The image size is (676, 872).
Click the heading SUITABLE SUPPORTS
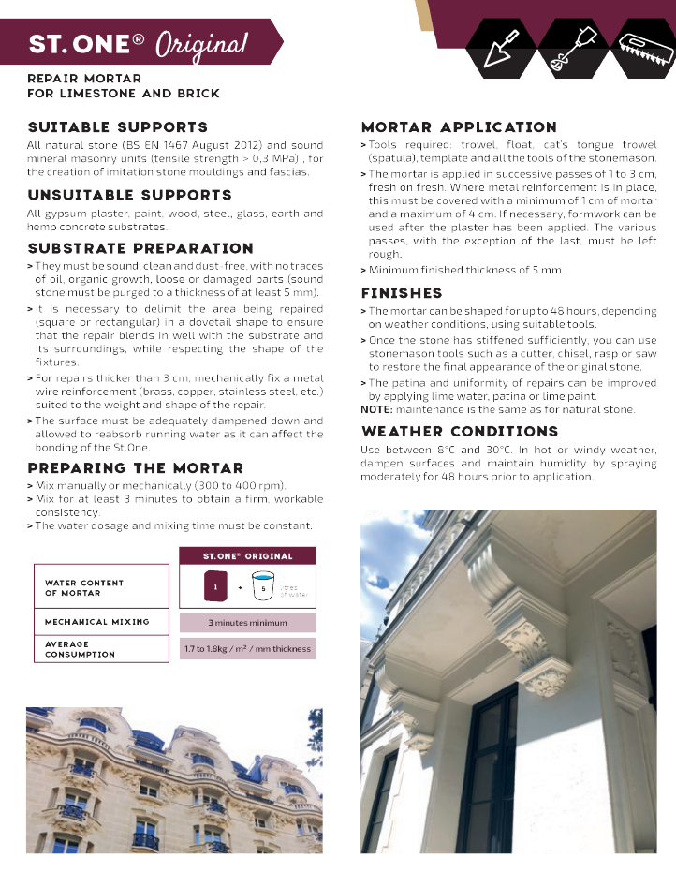(x=118, y=127)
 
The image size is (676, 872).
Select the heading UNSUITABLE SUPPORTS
(x=129, y=196)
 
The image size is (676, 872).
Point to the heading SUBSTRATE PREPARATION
(x=140, y=249)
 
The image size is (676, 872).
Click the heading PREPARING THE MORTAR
(x=135, y=468)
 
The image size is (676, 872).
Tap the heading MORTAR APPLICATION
(x=459, y=127)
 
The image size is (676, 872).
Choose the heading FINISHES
(x=402, y=293)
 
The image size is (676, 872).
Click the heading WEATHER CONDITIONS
(x=460, y=432)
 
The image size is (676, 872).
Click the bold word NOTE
(x=375, y=410)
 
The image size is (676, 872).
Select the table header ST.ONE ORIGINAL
(x=247, y=556)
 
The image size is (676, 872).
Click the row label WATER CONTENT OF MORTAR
(x=84, y=588)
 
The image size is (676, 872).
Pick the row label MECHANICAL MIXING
(x=97, y=622)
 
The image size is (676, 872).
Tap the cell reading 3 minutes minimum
(x=247, y=623)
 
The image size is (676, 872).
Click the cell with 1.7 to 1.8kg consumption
(x=247, y=648)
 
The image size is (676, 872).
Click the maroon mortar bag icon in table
(x=214, y=588)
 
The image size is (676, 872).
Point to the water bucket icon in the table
(x=263, y=588)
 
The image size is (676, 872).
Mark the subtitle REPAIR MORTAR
(x=84, y=79)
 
